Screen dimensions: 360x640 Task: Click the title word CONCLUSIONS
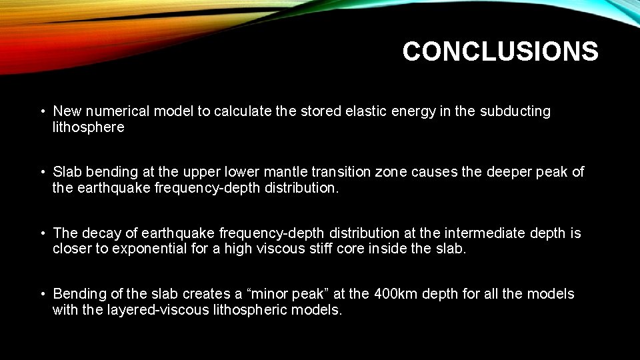500,51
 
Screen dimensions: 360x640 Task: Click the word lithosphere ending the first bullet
89,127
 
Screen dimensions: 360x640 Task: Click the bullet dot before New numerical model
41,111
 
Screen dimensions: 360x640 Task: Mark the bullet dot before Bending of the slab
41,294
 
